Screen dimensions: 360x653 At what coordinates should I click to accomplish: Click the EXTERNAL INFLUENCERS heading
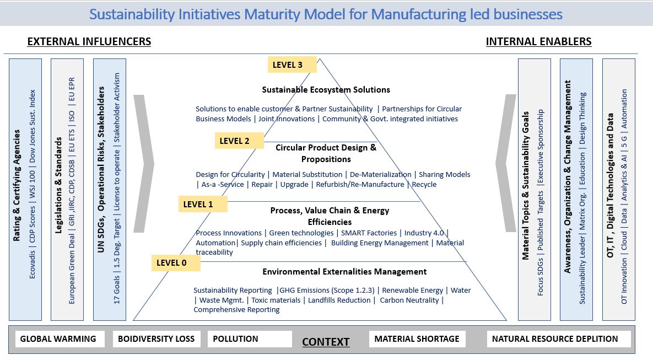point(89,42)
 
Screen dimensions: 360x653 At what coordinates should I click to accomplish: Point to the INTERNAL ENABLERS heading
point(538,42)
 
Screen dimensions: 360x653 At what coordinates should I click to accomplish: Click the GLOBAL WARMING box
point(58,339)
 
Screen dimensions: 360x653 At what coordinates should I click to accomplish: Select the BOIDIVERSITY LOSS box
point(156,339)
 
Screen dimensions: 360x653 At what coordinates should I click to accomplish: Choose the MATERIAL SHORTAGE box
point(417,339)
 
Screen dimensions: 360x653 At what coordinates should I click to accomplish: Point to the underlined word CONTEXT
point(326,342)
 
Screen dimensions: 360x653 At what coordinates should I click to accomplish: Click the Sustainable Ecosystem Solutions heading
point(326,90)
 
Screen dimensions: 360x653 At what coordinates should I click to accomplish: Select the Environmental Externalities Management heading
point(344,272)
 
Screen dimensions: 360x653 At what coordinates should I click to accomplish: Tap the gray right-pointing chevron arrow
point(144,164)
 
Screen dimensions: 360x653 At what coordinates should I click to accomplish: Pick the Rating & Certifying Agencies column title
point(17,186)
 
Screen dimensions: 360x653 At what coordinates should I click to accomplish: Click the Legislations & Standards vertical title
point(59,186)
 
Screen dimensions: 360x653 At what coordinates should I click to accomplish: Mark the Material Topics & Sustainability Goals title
point(526,186)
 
